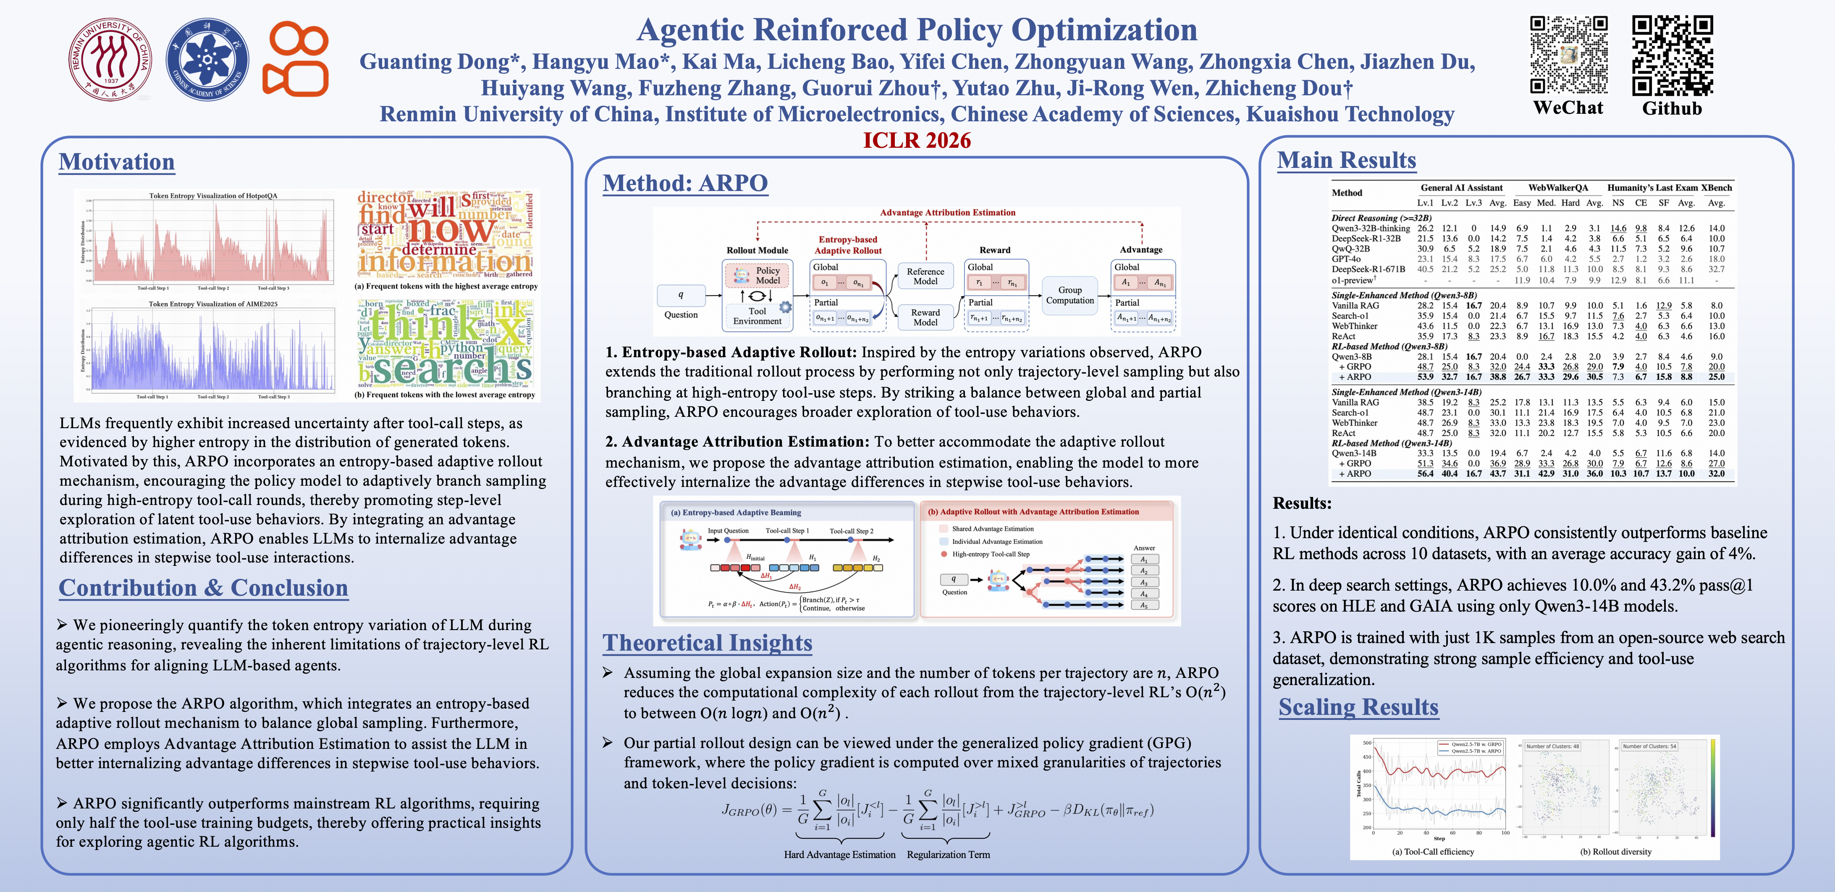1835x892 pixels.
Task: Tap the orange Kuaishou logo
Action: [x=295, y=59]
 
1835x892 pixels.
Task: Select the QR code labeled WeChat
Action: [x=1569, y=55]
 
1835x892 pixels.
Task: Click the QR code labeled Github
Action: [x=1672, y=55]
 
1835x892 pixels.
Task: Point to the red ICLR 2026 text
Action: [x=917, y=140]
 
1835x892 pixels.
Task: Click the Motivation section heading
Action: [x=117, y=162]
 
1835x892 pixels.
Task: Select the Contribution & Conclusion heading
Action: [x=203, y=588]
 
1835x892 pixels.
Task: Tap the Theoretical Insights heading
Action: [x=708, y=643]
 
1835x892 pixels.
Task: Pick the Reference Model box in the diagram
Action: [x=925, y=276]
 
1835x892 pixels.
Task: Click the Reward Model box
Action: [x=925, y=317]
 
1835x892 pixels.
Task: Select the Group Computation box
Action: [x=1069, y=295]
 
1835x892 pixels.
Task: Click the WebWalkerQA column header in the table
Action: [x=1558, y=188]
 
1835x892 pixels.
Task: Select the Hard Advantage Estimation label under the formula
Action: [x=839, y=854]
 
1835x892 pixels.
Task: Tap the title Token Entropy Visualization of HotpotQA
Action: [x=213, y=196]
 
